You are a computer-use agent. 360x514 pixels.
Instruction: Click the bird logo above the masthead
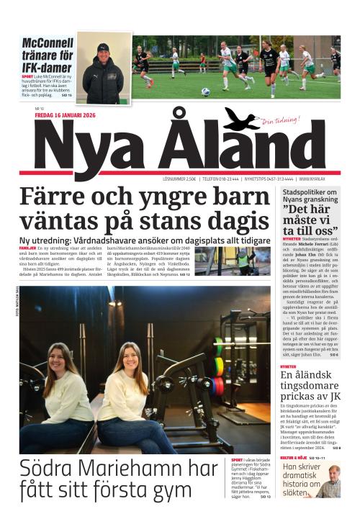point(240,120)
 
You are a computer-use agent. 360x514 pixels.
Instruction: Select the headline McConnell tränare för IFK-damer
point(47,55)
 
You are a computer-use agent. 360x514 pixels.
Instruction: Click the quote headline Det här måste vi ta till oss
point(310,222)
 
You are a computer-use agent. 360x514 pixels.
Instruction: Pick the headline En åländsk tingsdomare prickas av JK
point(310,387)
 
